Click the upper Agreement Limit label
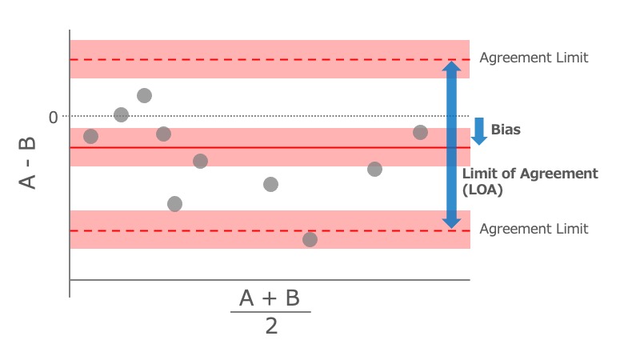[x=534, y=58]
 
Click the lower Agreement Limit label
[x=534, y=229]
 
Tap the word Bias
[x=506, y=130]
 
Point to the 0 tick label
[x=53, y=118]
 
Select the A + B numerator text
[x=270, y=298]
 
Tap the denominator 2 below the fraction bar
[x=271, y=326]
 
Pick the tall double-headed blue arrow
[x=452, y=144]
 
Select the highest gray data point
[x=144, y=96]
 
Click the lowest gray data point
[x=310, y=239]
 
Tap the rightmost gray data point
[x=420, y=132]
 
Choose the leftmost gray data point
[x=90, y=137]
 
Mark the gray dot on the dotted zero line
[x=121, y=115]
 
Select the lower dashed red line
[x=240, y=230]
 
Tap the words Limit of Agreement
[x=530, y=174]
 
